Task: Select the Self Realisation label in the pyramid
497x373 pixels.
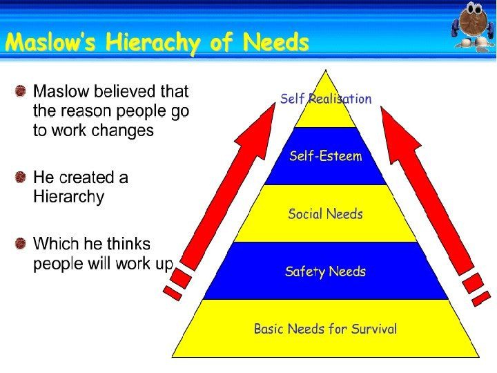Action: (326, 99)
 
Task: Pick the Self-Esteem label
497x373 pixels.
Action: (326, 156)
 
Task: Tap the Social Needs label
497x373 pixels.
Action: (325, 214)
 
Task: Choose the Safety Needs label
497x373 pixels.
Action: (325, 271)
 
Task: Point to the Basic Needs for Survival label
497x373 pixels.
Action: (325, 329)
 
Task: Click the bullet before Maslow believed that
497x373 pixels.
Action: (21, 91)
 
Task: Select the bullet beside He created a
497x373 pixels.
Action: (21, 178)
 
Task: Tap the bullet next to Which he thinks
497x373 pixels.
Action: (21, 244)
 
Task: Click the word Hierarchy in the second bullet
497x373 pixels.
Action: (69, 197)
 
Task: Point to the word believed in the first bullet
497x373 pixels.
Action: (129, 91)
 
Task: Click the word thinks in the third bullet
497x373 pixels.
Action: (128, 244)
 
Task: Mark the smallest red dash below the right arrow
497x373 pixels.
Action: (482, 298)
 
